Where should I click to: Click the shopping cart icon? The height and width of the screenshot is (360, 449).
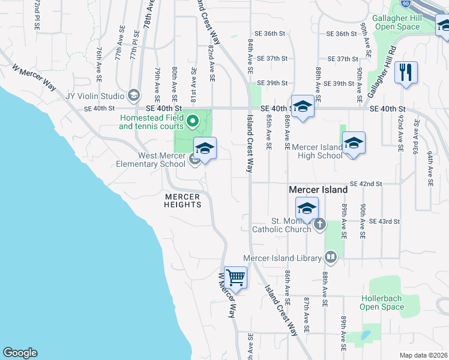pos(236,277)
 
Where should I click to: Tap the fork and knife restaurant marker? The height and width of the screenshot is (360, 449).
pos(406,73)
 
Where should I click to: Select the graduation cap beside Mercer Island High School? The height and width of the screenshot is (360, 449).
pos(354,143)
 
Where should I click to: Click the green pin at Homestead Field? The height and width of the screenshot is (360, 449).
pos(193,122)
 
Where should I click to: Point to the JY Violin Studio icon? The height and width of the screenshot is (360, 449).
pos(133,96)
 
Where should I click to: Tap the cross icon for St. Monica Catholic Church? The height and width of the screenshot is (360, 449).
pos(320,224)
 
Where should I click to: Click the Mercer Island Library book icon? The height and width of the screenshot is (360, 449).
pos(330,257)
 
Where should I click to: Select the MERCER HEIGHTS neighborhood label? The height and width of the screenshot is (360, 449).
pos(182,200)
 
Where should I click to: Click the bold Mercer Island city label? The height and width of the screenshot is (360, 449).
pos(318,190)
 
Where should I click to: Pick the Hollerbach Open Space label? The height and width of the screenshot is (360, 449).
pos(382,302)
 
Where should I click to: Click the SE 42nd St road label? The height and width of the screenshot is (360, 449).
pos(366,184)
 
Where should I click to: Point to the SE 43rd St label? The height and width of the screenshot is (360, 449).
pos(385,221)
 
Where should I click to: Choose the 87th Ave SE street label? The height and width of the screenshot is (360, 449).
pos(306,314)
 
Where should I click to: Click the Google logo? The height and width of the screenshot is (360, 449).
pos(20,353)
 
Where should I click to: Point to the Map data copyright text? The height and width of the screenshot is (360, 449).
pos(423,355)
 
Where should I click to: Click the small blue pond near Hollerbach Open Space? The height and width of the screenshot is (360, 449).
pos(366,336)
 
